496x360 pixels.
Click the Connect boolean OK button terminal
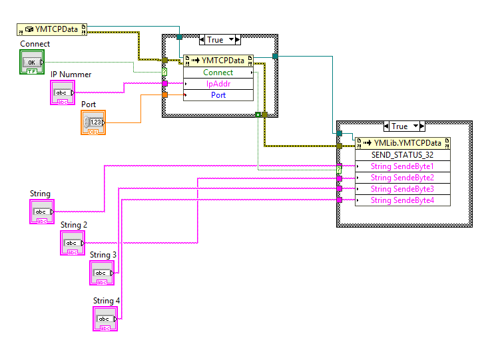(31, 62)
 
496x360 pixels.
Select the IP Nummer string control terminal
(62, 92)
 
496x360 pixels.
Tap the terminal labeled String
(41, 212)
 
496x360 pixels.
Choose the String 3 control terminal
(102, 273)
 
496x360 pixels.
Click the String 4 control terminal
(105, 319)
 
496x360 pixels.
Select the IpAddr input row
(218, 84)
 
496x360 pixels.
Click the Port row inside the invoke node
(218, 95)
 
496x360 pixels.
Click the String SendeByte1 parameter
(402, 166)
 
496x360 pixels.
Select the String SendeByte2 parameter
(402, 178)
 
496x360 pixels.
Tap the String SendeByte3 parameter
(402, 189)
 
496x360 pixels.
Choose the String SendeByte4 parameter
(402, 200)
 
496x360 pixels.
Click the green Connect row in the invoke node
(218, 73)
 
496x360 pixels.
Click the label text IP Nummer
(71, 75)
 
